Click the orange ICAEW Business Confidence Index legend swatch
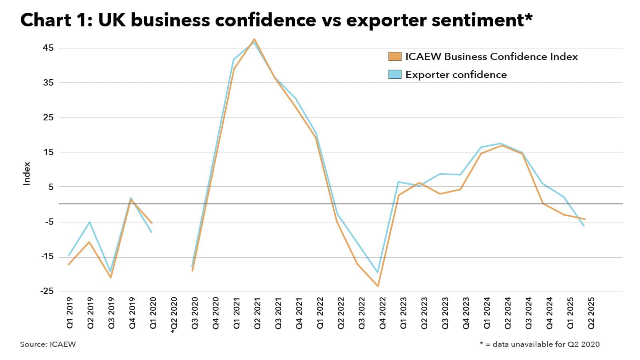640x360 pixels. pos(394,56)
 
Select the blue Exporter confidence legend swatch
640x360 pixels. pos(394,74)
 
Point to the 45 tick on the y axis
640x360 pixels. pos(48,48)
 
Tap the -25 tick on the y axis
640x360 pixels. pos(46,291)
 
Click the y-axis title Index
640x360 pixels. pos(27,173)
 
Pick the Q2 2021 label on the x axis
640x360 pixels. pos(257,313)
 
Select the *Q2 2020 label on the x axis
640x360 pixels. pos(174,315)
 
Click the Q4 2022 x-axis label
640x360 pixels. pos(382,313)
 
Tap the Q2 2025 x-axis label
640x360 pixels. pos(591,313)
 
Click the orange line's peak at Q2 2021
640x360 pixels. pos(254,39)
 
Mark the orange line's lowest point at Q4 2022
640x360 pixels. pos(378,286)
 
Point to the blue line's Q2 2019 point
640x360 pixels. pos(90,222)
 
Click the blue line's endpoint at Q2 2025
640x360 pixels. pos(584,226)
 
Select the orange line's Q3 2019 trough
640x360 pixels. pos(111,277)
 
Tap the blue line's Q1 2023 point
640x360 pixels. pos(398,182)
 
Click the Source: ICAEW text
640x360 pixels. pos(48,344)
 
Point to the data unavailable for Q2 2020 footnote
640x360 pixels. pos(540,344)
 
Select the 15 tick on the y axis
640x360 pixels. pos(48,152)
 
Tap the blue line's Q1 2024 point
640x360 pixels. pos(481,147)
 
